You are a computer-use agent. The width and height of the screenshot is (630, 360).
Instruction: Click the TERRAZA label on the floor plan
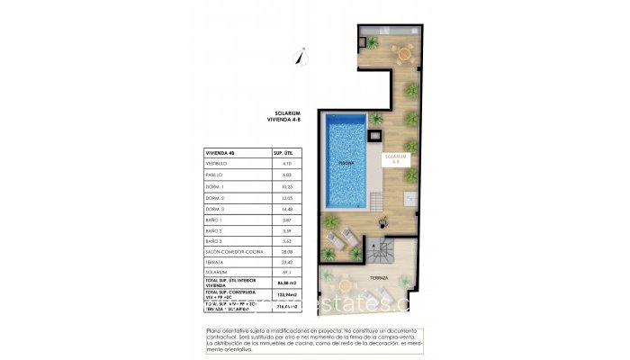click(x=379, y=279)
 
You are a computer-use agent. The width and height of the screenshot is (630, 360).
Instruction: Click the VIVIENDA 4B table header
click(x=222, y=152)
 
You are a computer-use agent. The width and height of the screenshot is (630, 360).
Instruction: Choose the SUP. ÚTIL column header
click(x=284, y=152)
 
